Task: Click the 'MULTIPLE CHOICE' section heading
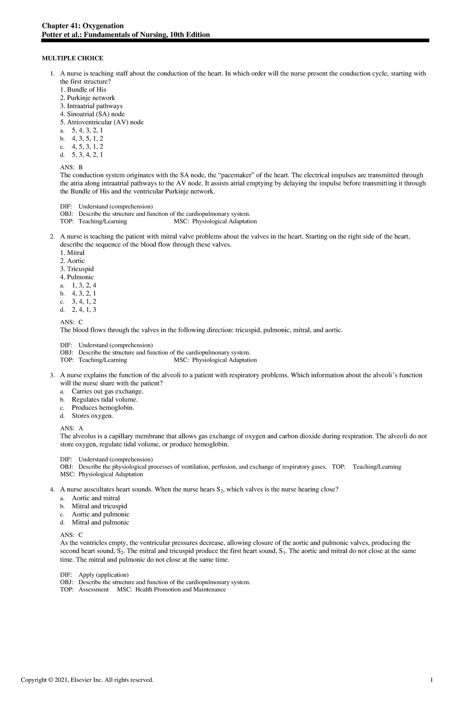point(72,58)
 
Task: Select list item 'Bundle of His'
point(83,90)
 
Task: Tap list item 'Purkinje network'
point(88,98)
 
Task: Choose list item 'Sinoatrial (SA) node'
point(92,114)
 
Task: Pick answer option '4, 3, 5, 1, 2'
point(87,138)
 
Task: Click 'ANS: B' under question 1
point(71,167)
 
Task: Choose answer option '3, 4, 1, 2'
point(84,302)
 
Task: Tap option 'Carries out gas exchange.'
point(108,391)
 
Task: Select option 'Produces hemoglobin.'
point(103,408)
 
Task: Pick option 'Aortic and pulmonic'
point(100,514)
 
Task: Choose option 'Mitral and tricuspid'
point(99,506)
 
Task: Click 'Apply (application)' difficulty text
point(103,575)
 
